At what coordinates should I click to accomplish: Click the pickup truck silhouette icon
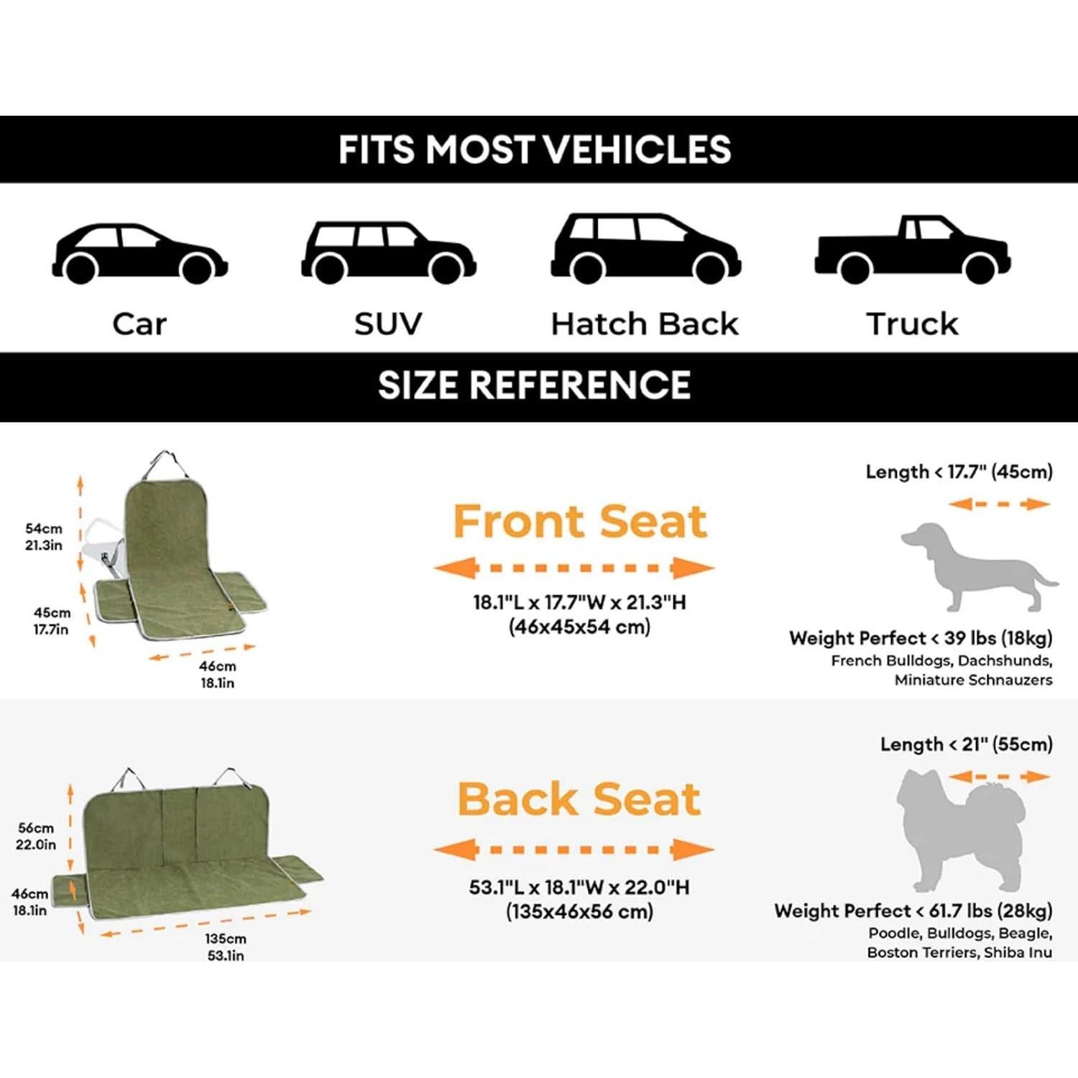coord(912,250)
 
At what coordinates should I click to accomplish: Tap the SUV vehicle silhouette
coord(388,252)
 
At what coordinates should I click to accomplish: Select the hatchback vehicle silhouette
coord(645,248)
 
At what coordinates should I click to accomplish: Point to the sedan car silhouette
coord(139,253)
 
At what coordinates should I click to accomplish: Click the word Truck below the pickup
coord(912,324)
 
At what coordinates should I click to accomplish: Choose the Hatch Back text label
coord(645,324)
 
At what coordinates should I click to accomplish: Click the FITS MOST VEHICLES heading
coord(535,149)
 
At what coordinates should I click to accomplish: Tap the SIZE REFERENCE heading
coord(535,385)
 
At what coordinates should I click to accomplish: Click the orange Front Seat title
coord(580,521)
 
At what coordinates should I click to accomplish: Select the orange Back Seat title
coord(579,799)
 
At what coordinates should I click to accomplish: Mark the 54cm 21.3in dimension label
coord(44,537)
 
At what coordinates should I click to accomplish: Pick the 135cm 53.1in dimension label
coord(226,946)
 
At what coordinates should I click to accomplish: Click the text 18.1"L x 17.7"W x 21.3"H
coord(579,602)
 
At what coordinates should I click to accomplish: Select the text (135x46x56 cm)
coord(579,912)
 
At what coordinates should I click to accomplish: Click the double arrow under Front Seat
coord(574,568)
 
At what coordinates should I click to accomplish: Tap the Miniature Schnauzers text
coord(973,680)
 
